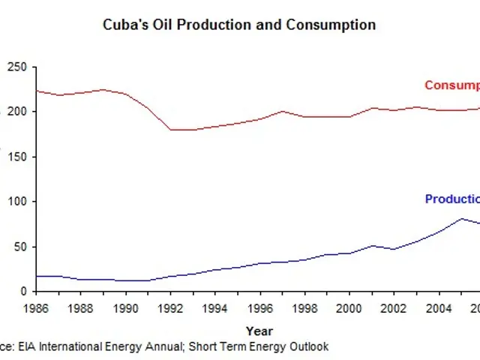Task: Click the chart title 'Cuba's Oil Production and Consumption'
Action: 239,25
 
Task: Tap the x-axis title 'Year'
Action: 259,330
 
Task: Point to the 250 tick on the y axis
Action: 18,67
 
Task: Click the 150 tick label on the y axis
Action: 18,157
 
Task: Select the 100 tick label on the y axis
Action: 18,202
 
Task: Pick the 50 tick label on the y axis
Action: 21,247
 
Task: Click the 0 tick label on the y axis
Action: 24,291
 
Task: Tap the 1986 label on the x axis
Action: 35,307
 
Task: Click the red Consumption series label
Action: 451,85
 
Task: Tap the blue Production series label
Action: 451,199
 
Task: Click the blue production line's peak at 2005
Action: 462,218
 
